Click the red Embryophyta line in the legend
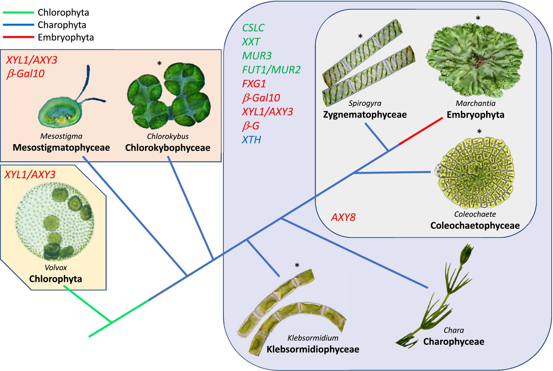tap(18, 37)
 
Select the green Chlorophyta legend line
tap(18, 12)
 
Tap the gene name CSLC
tap(253, 28)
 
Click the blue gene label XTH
tap(251, 140)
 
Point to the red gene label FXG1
tap(254, 84)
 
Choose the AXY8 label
tap(343, 217)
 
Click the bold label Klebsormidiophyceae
tap(313, 349)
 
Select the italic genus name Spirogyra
tap(365, 104)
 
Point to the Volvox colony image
tap(55, 221)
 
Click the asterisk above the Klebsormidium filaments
tap(297, 266)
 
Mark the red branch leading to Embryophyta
tap(421, 131)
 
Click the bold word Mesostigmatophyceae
tap(61, 148)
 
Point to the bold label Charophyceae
tap(454, 342)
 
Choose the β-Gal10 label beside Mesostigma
tap(26, 74)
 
